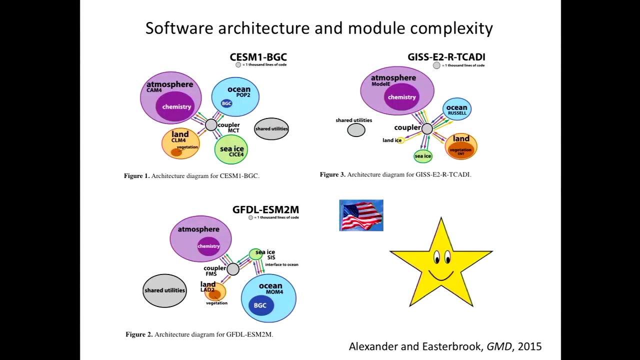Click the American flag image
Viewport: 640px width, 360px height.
pyautogui.click(x=361, y=215)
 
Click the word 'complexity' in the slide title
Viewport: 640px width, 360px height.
pyautogui.click(x=451, y=28)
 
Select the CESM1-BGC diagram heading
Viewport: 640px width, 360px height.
pyautogui.click(x=258, y=57)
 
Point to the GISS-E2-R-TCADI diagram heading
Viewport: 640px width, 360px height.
pyautogui.click(x=446, y=57)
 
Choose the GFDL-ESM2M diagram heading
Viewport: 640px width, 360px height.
pyautogui.click(x=265, y=209)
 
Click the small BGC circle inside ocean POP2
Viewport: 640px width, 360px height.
pyautogui.click(x=226, y=103)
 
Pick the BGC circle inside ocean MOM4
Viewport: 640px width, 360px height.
pyautogui.click(x=260, y=305)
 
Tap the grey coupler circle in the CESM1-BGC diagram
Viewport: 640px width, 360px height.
pyautogui.click(x=211, y=125)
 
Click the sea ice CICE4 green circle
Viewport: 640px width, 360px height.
pyautogui.click(x=231, y=149)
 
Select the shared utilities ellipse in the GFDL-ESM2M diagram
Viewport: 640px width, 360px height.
pyautogui.click(x=164, y=290)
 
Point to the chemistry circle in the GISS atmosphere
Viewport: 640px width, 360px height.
pyautogui.click(x=401, y=97)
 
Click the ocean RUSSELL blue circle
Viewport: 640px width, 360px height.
pyautogui.click(x=456, y=109)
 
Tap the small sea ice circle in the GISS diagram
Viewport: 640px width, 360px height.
pyautogui.click(x=422, y=156)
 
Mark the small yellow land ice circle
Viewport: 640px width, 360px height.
pyautogui.click(x=400, y=140)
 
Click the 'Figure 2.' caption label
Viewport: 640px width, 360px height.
pyautogui.click(x=139, y=334)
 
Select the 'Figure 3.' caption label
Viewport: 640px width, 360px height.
pyautogui.click(x=332, y=174)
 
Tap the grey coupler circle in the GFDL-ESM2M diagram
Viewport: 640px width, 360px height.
pyautogui.click(x=233, y=269)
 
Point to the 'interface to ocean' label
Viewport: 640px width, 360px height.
pyautogui.click(x=281, y=264)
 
